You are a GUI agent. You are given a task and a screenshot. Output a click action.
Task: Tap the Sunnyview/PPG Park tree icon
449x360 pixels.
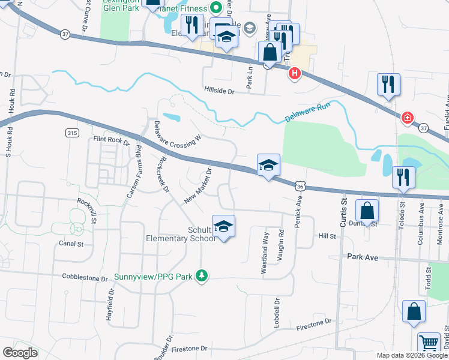[x=203, y=276]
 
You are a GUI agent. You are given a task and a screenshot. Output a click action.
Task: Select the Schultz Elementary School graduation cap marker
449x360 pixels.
[x=223, y=227]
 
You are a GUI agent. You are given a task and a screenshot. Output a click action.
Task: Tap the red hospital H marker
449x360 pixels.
[x=295, y=74]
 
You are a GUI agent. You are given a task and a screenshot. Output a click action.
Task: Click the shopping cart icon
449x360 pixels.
[x=429, y=343]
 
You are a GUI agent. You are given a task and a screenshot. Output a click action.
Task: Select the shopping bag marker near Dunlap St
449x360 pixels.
[x=367, y=211]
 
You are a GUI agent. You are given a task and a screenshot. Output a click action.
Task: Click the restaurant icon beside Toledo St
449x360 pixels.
[x=402, y=177]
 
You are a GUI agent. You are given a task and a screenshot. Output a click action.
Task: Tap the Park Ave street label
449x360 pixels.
[x=363, y=257]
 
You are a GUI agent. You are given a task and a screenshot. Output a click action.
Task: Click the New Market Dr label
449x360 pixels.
[x=199, y=185]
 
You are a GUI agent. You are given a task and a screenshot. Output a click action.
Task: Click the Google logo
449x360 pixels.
[x=20, y=353]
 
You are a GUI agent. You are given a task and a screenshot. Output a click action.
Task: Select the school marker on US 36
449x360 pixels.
[x=268, y=166]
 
